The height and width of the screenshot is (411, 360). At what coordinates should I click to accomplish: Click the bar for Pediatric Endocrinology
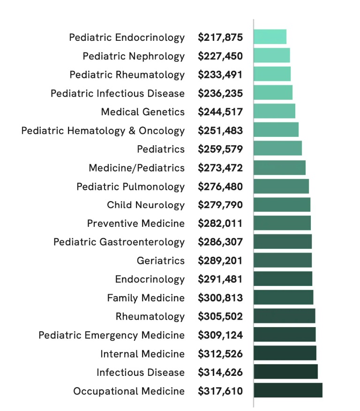click(270, 37)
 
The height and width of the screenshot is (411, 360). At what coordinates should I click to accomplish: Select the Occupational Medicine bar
click(288, 390)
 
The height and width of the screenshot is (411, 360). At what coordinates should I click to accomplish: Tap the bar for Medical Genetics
click(274, 112)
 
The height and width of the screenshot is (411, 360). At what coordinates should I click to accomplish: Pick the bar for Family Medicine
click(284, 298)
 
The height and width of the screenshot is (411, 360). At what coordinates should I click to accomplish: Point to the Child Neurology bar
click(282, 205)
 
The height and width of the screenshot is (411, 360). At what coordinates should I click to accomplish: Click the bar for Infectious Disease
click(285, 372)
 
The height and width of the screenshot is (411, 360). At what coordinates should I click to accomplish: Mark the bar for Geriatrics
click(283, 260)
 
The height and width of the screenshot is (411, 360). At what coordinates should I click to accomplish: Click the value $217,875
click(220, 37)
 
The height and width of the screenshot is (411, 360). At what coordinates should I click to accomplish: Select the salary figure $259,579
click(220, 149)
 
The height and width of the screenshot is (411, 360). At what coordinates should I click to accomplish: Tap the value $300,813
click(220, 298)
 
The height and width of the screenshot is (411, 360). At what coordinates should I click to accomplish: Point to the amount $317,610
click(220, 391)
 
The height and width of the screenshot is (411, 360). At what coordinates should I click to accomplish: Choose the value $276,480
click(220, 187)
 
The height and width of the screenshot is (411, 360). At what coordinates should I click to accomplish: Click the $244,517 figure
click(220, 112)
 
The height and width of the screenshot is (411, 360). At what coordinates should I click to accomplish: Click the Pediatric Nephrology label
click(134, 56)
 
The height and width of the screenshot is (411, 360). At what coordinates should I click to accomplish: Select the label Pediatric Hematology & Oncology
click(103, 131)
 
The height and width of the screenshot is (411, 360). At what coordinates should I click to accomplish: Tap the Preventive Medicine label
click(136, 224)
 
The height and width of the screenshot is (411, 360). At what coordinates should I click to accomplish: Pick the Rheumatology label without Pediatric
click(150, 316)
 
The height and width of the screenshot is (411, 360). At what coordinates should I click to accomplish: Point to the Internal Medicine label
click(142, 354)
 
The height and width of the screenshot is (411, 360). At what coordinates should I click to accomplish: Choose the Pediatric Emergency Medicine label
click(112, 335)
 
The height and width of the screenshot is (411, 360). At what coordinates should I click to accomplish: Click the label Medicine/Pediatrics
click(137, 168)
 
